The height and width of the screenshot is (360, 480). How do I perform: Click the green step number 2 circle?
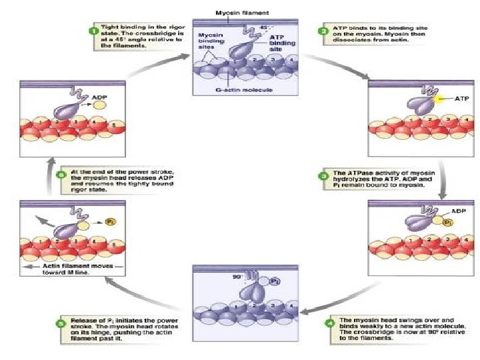[x=323, y=31]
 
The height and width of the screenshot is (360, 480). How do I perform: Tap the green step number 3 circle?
[x=323, y=176]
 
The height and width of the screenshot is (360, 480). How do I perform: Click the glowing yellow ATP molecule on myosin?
[x=439, y=99]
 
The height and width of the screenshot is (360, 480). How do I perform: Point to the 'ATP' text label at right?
[x=463, y=98]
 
